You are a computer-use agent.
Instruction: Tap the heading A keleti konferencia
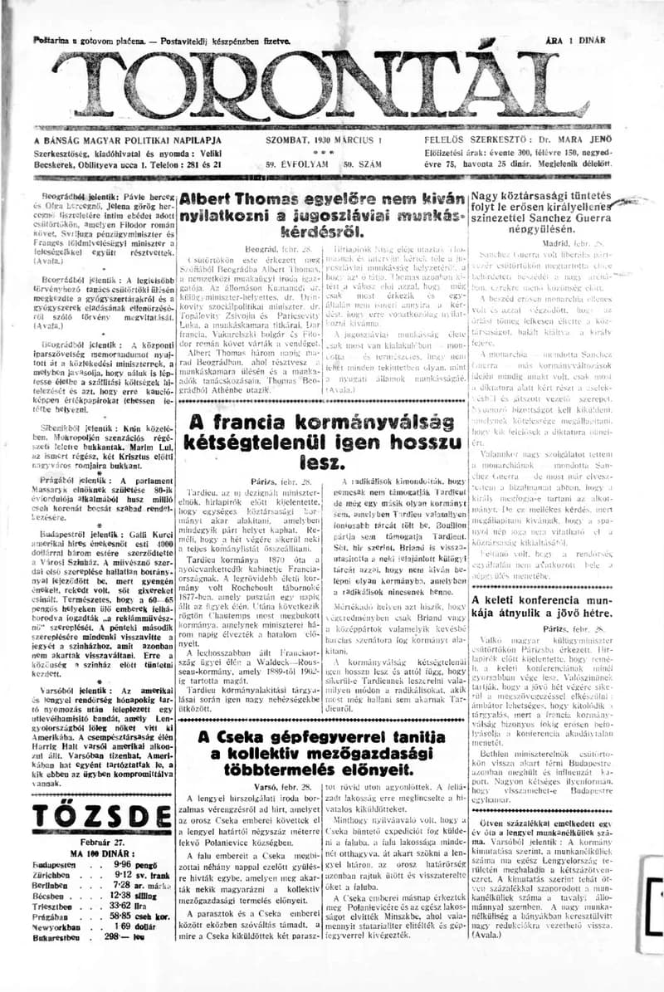pos(531,599)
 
